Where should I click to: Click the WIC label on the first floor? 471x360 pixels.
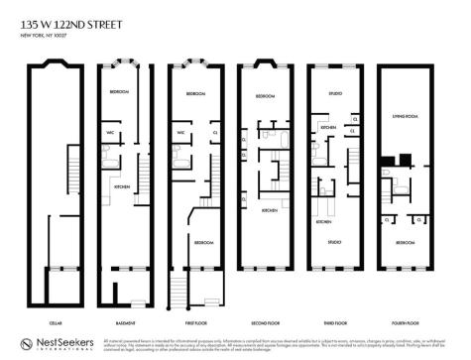[180, 132]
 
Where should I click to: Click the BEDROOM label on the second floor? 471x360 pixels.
[265, 96]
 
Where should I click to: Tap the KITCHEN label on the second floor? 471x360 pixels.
[269, 210]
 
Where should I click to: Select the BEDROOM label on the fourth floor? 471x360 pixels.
[406, 242]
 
